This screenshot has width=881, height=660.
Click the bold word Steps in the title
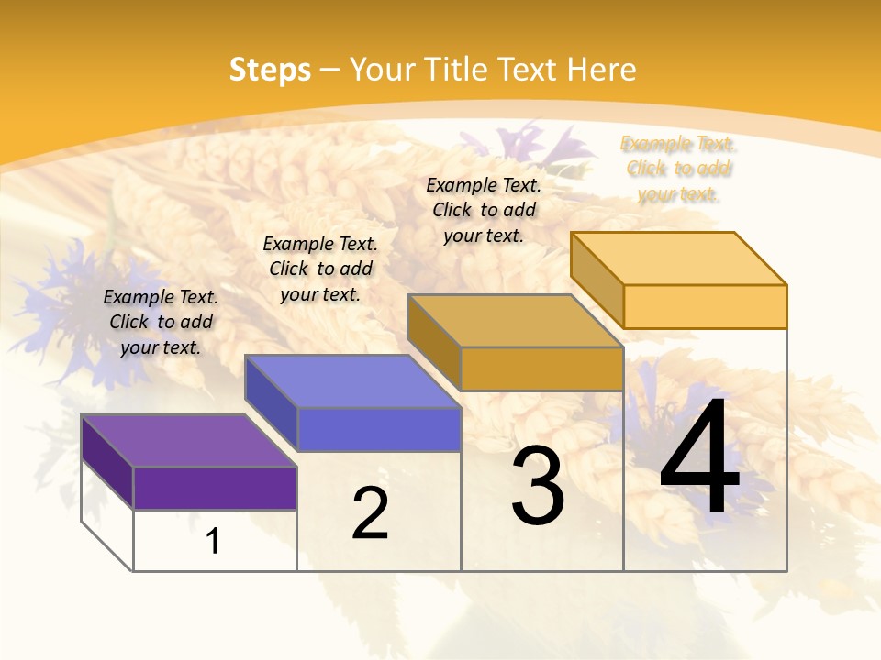[x=270, y=70]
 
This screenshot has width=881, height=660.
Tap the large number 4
[x=699, y=457]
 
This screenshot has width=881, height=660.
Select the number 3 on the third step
[x=538, y=486]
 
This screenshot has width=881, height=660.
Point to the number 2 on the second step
[x=371, y=513]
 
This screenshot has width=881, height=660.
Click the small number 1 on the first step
[x=213, y=541]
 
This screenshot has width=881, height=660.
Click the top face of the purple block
[x=189, y=441]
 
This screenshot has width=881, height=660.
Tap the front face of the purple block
[x=215, y=488]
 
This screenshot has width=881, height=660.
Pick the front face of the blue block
[x=378, y=429]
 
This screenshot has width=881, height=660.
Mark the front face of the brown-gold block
[x=541, y=368]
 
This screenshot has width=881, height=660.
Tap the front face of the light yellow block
[x=705, y=306]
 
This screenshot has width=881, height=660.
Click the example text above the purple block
[x=161, y=322]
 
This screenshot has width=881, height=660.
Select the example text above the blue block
[x=320, y=269]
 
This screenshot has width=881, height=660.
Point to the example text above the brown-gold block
[x=484, y=210]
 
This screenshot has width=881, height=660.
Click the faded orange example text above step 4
[x=678, y=169]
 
